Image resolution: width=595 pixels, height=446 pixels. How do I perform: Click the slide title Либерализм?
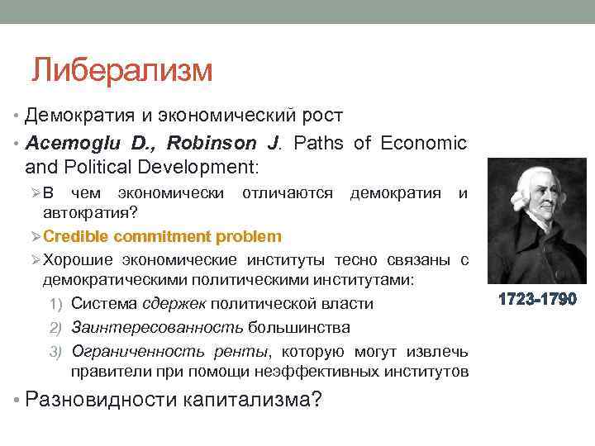point(122,69)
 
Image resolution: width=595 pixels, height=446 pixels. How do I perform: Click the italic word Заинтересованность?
point(149,327)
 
